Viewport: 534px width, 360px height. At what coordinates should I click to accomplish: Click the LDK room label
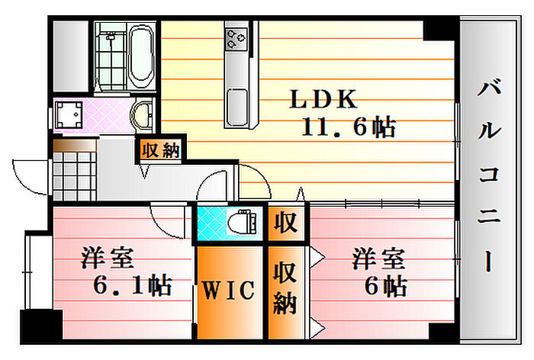pos(322,99)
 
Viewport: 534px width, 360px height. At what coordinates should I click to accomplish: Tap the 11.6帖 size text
pos(347,127)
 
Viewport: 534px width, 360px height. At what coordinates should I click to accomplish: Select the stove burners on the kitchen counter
pos(236,36)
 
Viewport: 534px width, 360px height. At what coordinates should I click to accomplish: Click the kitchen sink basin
pos(236,101)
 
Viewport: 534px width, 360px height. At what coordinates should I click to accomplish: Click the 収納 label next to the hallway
pos(159,150)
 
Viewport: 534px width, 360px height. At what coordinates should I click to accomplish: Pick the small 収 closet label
pos(285,223)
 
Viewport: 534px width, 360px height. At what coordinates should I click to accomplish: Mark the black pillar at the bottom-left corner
pos(40,326)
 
